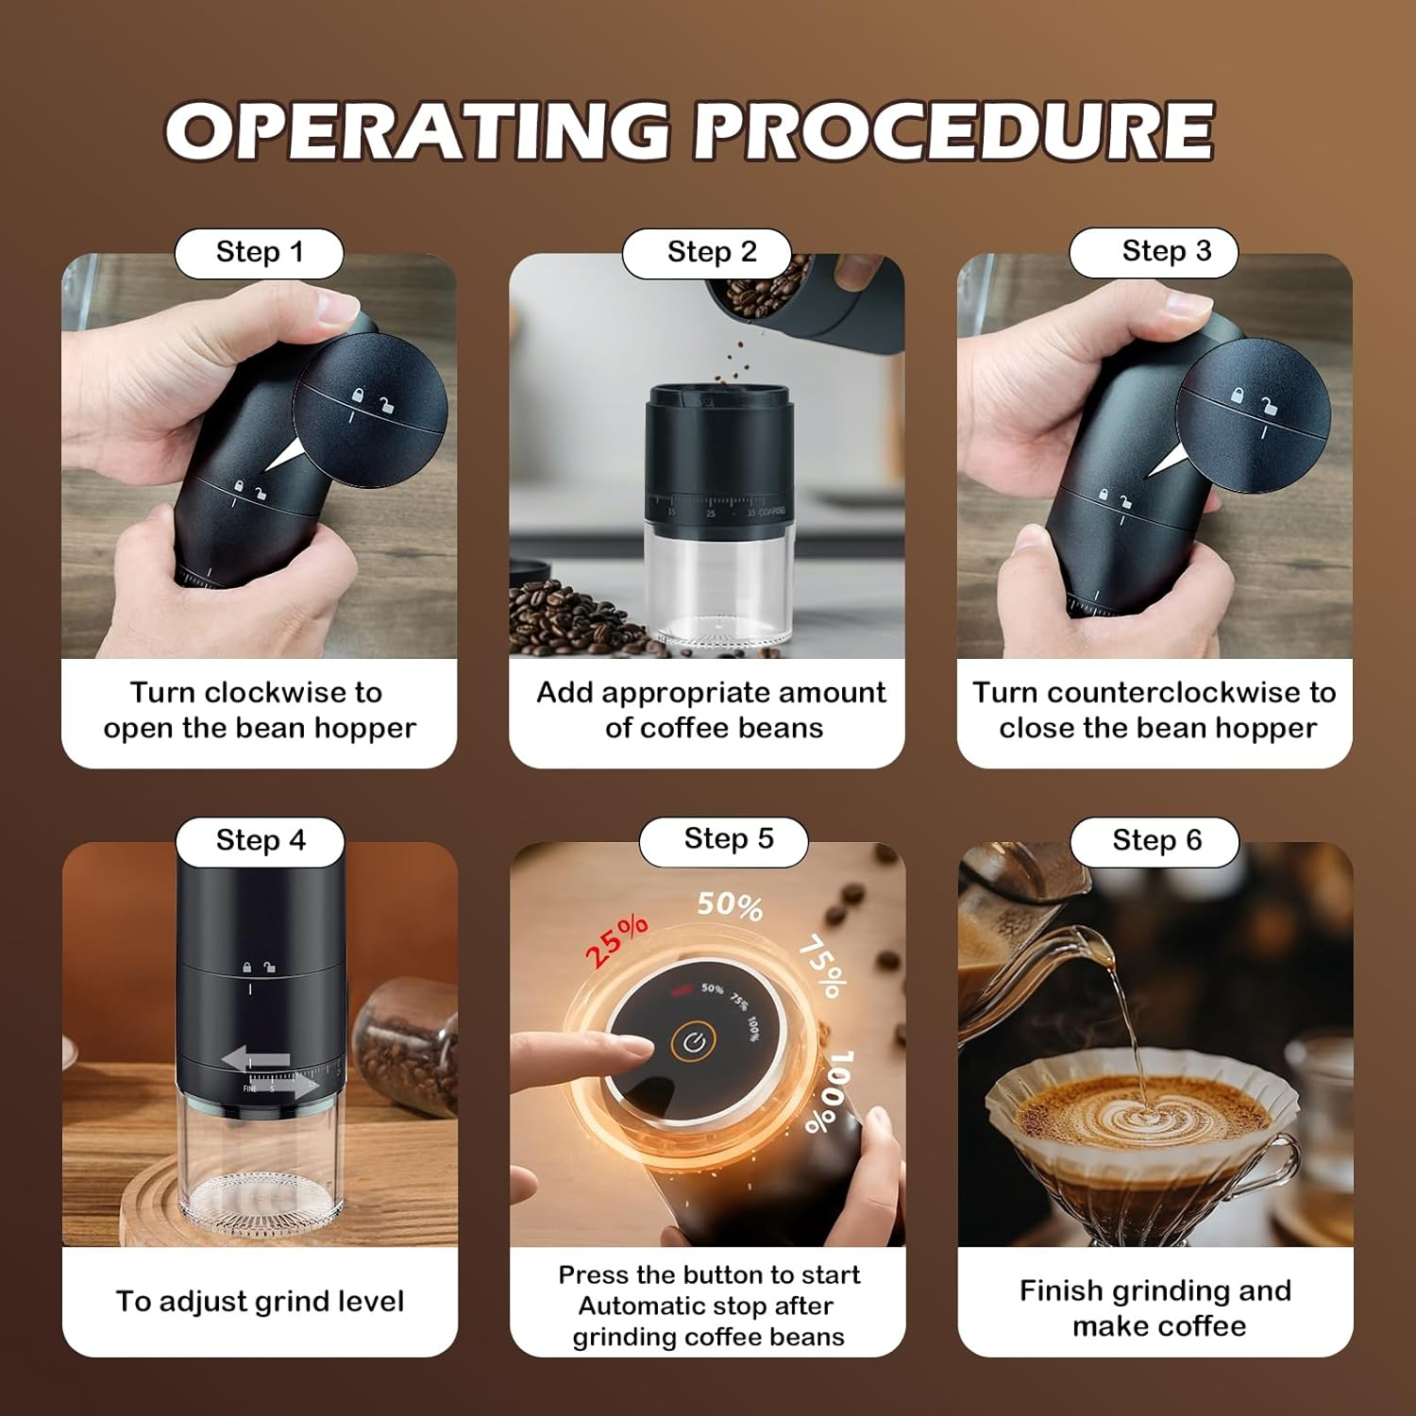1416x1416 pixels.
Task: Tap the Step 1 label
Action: click(x=260, y=252)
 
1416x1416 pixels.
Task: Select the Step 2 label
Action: click(x=712, y=252)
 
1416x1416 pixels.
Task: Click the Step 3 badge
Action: click(x=1166, y=251)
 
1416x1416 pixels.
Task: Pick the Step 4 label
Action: click(x=261, y=840)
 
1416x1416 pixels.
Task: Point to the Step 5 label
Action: click(x=729, y=838)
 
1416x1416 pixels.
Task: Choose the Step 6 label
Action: click(x=1156, y=840)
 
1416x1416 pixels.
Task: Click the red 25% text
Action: click(x=616, y=939)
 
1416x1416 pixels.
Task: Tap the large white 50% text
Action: click(x=730, y=905)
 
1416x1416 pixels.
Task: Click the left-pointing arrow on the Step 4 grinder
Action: click(x=255, y=1058)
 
